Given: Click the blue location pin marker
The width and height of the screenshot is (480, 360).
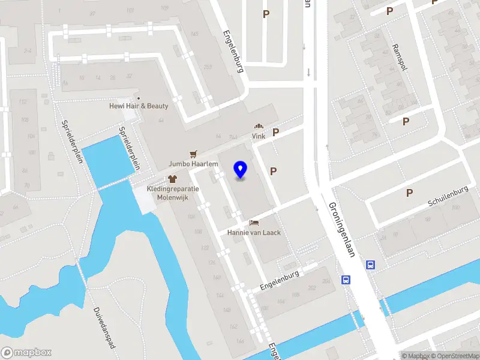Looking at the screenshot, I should point(241,170).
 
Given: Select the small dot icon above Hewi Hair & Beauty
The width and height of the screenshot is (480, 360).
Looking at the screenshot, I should point(139,98).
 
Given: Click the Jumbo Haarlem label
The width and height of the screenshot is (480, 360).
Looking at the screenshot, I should point(193,164).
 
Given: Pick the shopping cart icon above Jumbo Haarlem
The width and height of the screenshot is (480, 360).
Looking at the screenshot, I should point(193,154).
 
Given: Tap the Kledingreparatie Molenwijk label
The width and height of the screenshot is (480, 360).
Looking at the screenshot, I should point(173,192).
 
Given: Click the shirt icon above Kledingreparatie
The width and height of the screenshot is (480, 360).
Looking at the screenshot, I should point(173,178).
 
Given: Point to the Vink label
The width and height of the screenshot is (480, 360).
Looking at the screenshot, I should point(259,136).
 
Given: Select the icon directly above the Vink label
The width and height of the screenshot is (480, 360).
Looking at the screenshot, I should point(259,127).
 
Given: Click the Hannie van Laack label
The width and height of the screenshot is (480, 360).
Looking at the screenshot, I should point(254,232).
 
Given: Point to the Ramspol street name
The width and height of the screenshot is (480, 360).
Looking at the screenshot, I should point(400,57).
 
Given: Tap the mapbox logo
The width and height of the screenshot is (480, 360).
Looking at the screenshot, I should point(26,352).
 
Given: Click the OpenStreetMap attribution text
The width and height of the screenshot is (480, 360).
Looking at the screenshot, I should point(454,356).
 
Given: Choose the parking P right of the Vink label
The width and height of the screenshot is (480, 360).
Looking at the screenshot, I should point(276,133).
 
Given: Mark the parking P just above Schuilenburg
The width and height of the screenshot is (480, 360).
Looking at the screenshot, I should point(410,193).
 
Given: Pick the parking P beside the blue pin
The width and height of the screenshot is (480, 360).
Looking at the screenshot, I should point(274,171).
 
